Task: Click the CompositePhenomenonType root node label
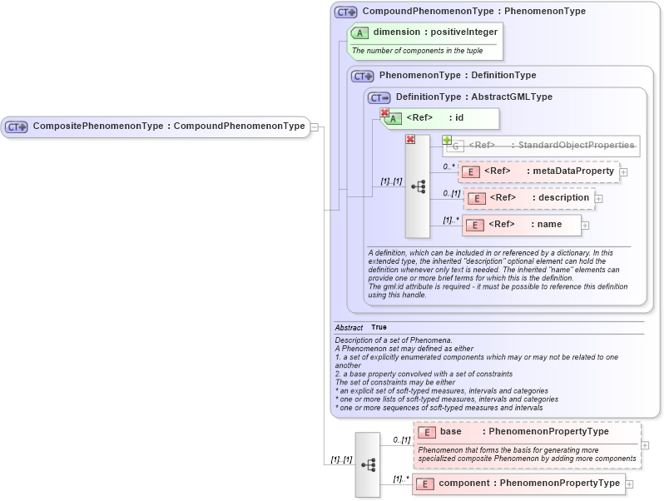(x=168, y=126)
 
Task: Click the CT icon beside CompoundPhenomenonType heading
(x=345, y=12)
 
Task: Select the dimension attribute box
(x=426, y=32)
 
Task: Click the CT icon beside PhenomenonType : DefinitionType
(x=362, y=76)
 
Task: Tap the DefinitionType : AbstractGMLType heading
(x=473, y=97)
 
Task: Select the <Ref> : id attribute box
(x=440, y=118)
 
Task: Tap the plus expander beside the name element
(x=585, y=226)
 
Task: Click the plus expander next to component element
(x=630, y=484)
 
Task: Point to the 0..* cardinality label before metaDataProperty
(x=448, y=166)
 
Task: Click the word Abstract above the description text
(x=349, y=328)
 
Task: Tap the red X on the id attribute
(x=384, y=112)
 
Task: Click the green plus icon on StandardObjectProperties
(x=447, y=140)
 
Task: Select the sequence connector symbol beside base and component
(x=368, y=464)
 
